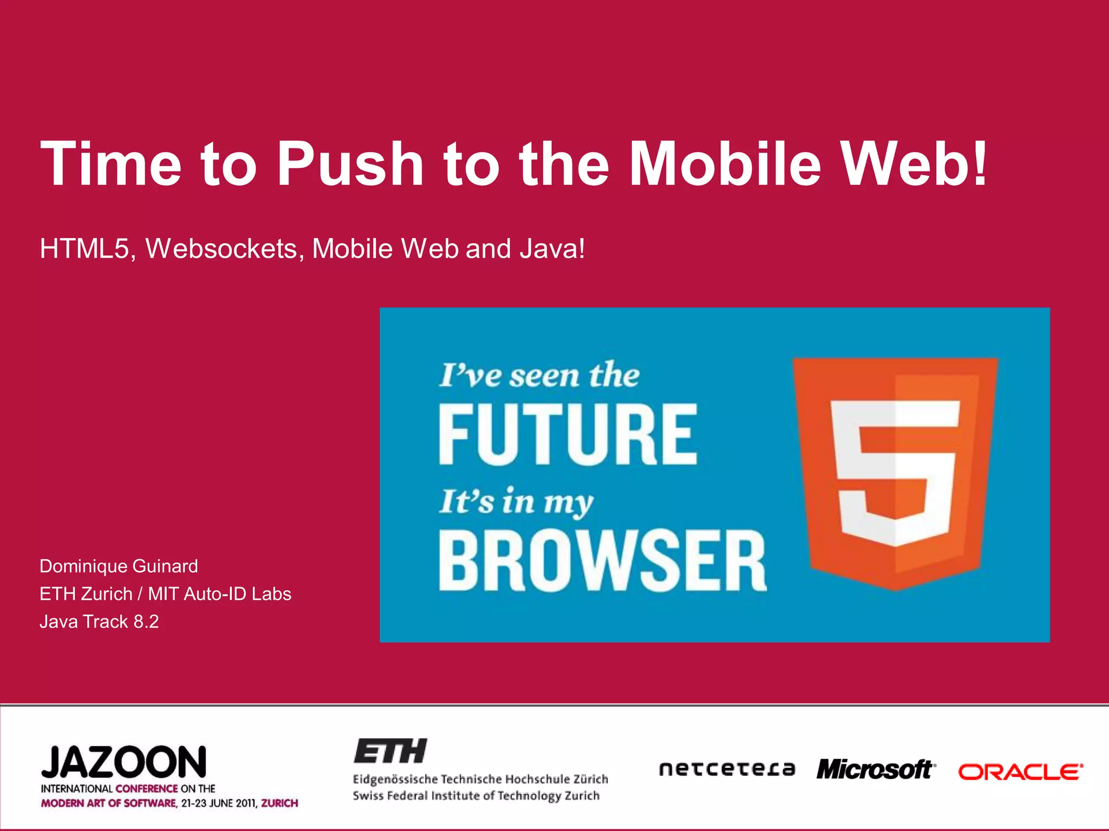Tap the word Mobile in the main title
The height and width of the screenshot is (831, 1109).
coord(726,163)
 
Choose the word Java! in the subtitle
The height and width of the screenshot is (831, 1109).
coord(552,249)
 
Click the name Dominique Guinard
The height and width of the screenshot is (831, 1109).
coord(119,566)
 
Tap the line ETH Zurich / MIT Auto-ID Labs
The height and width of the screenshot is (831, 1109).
coord(165,594)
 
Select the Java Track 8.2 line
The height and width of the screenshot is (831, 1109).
coord(99,622)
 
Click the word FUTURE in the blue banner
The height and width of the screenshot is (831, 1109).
coord(567,434)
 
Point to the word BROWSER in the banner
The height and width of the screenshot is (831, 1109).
coord(602,560)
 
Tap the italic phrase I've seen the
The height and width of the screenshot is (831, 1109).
coord(539,375)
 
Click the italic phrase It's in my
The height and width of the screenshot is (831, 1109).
coord(516,501)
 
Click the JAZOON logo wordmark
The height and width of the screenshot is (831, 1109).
coord(124,762)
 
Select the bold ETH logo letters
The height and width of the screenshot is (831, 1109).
coord(390,751)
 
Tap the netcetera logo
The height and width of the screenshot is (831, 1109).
coord(727,769)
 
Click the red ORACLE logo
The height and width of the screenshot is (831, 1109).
coord(1021,772)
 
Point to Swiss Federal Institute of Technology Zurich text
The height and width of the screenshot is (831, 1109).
coord(476,796)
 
